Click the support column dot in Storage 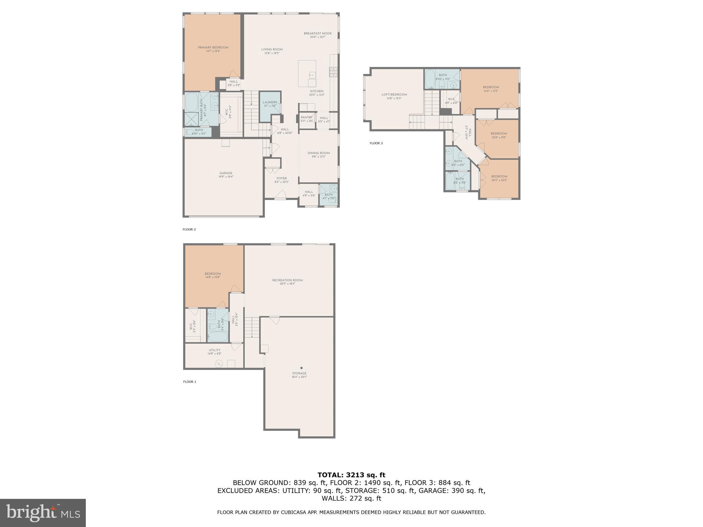[x=301, y=368]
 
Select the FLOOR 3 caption [x=376, y=143]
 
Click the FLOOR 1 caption [x=189, y=382]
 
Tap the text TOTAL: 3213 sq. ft [x=351, y=475]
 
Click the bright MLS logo [x=43, y=513]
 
